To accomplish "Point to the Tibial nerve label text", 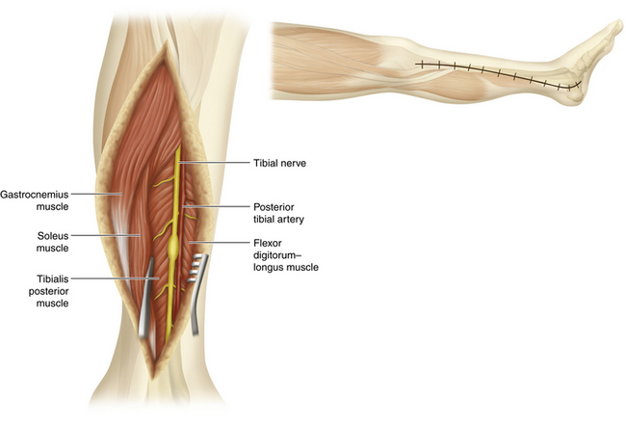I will [x=283, y=164].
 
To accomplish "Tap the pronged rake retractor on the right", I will [x=196, y=289].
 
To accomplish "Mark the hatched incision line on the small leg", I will [x=491, y=71].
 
